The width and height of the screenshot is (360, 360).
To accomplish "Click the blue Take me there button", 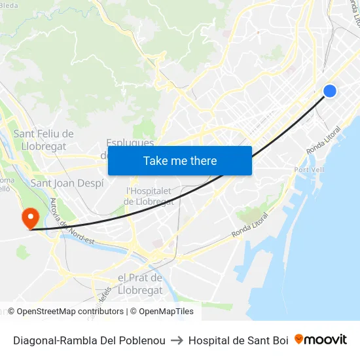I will click(x=180, y=160).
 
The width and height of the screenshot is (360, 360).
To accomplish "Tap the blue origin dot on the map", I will click(x=330, y=92).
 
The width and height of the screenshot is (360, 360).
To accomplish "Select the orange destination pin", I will click(x=30, y=217).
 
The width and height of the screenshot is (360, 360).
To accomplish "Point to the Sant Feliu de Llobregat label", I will click(x=43, y=140).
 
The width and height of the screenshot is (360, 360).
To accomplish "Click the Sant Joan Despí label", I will click(x=67, y=183).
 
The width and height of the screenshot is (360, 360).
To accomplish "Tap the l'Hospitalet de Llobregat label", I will click(x=149, y=196).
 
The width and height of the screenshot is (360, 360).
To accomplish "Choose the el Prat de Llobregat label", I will click(x=139, y=283).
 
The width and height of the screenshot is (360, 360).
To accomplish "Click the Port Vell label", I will click(x=310, y=170).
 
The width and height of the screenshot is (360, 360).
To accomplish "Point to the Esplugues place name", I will click(x=130, y=143).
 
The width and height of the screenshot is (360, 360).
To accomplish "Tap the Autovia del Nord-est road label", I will click(x=63, y=223).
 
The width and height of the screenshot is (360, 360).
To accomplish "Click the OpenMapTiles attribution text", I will click(x=166, y=312).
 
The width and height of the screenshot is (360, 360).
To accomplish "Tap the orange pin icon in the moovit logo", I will click(x=299, y=339).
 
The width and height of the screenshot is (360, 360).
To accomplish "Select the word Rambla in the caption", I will click(x=79, y=340).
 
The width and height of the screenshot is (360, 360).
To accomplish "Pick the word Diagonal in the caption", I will click(x=34, y=340).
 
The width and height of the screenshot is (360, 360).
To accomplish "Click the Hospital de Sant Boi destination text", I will click(x=238, y=340).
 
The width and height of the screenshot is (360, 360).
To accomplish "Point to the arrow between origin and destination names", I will click(x=177, y=340).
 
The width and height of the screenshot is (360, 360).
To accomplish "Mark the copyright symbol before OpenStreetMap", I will click(x=12, y=312).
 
